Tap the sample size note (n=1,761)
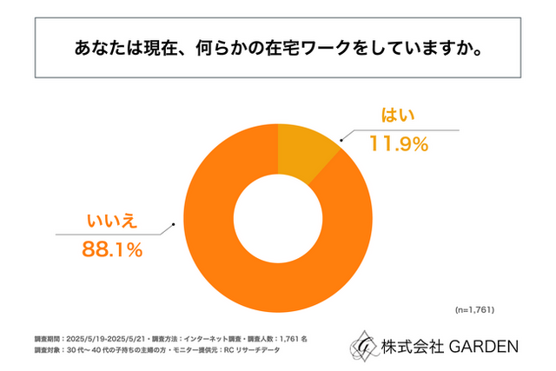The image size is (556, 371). tap(476, 308)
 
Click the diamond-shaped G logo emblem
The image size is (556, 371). tap(364, 345)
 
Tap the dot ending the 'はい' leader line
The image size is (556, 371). tap(341, 137)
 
